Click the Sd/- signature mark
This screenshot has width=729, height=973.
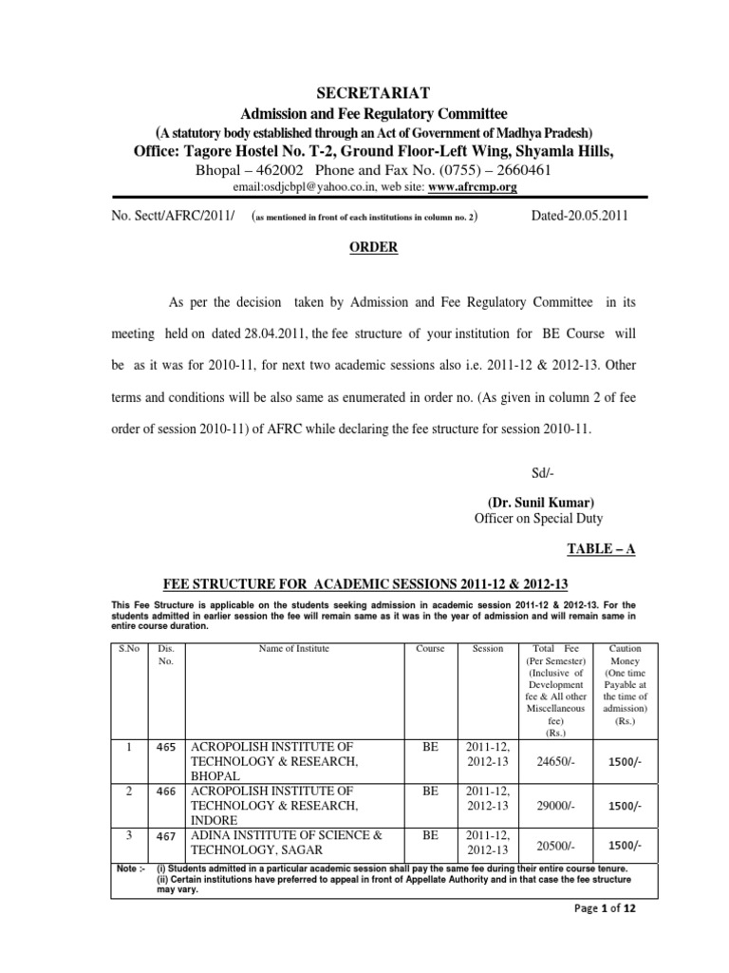click(538, 472)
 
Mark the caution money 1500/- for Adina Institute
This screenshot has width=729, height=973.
click(624, 846)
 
